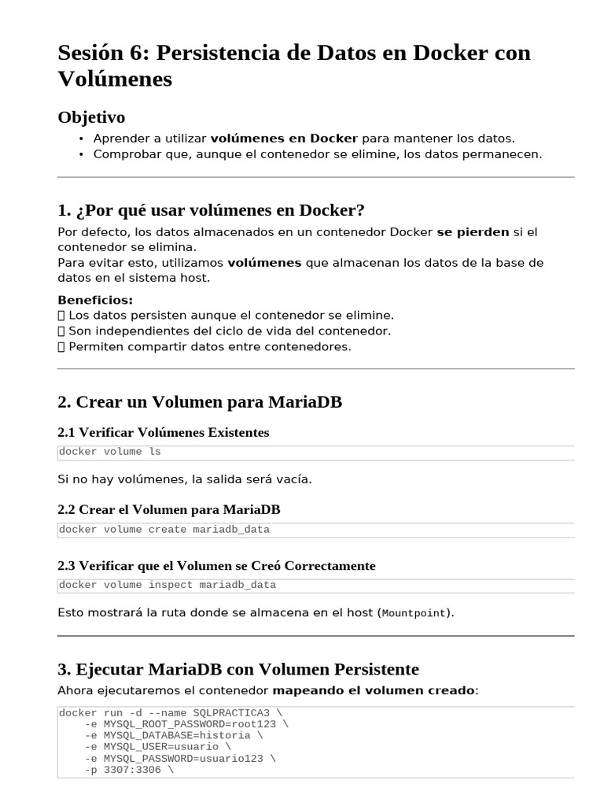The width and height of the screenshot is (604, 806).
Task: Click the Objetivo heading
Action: pos(91,117)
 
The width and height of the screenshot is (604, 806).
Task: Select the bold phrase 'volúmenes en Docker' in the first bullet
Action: pos(284,139)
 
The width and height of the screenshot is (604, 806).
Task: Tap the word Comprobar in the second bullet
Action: pos(123,154)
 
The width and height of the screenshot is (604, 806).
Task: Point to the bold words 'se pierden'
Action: pos(473,232)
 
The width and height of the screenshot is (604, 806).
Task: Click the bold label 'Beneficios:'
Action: pos(95,300)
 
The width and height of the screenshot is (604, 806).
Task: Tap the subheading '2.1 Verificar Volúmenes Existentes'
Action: pos(163,432)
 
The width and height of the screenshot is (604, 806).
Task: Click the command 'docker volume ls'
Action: pos(109,452)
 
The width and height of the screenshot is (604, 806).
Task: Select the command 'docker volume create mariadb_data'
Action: pos(164,530)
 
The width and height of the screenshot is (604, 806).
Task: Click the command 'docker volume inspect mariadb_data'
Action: pos(167,585)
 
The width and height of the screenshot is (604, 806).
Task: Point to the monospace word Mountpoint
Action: pos(414,613)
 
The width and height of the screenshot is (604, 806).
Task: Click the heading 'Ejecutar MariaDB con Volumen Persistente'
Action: pos(238,669)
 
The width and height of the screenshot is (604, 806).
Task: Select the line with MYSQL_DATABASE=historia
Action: pos(174,735)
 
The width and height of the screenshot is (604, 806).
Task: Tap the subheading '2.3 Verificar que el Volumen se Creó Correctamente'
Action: pos(216,566)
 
